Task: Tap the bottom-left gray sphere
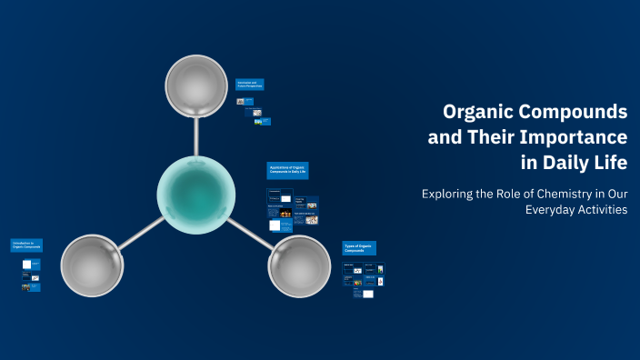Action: click(x=92, y=265)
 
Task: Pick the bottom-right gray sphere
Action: click(x=300, y=265)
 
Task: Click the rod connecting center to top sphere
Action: click(x=196, y=136)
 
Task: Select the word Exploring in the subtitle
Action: click(x=451, y=193)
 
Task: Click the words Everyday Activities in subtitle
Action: click(x=576, y=210)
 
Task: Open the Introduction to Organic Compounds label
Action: click(x=26, y=245)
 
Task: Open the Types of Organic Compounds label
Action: click(x=359, y=247)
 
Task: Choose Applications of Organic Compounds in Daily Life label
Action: click(x=287, y=170)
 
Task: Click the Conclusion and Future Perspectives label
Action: click(x=250, y=85)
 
